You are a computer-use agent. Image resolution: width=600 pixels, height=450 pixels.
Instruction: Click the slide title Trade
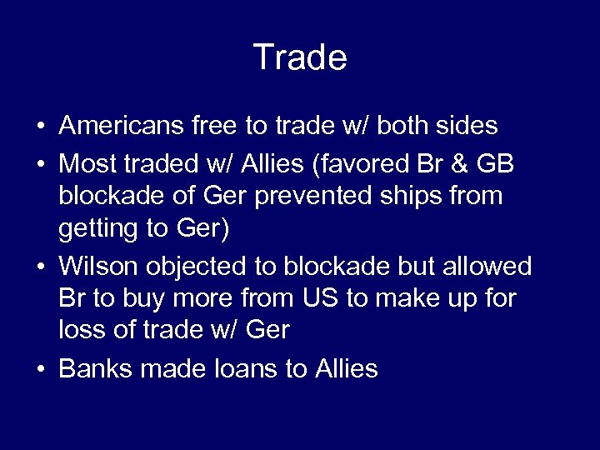pyautogui.click(x=300, y=57)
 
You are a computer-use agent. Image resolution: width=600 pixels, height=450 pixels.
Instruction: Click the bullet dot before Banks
pyautogui.click(x=41, y=368)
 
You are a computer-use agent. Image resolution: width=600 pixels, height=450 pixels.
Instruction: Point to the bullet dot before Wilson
pyautogui.click(x=41, y=267)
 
